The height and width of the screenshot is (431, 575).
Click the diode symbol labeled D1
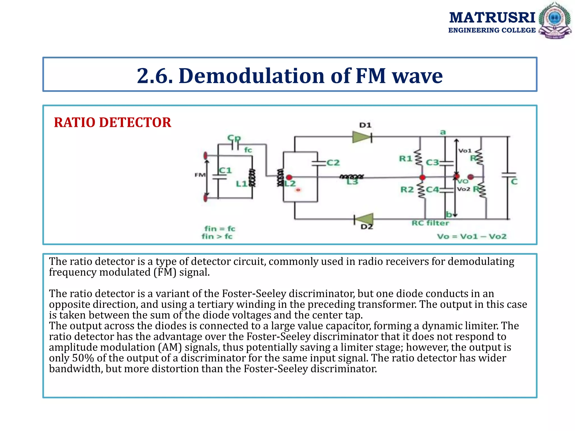point(362,137)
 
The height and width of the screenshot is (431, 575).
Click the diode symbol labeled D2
point(364,219)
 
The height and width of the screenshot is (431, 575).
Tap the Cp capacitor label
point(234,138)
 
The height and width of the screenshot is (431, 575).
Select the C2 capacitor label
point(333,163)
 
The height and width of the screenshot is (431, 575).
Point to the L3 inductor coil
point(352,176)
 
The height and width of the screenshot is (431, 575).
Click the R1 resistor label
point(405,159)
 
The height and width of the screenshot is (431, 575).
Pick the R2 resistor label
point(407,190)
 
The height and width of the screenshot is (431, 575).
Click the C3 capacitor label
point(432,163)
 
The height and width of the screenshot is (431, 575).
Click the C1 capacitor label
point(225,170)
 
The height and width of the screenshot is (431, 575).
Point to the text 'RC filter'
point(430,223)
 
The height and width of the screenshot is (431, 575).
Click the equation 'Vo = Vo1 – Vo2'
point(472,237)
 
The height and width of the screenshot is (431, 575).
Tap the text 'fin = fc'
point(220,229)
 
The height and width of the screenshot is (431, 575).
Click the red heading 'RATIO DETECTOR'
point(112,123)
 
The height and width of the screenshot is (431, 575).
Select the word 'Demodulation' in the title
point(251,76)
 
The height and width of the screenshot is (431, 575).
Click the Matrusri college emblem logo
point(555,20)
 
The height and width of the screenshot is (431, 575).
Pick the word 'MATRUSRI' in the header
point(492,18)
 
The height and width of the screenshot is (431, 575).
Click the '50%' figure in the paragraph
point(83,358)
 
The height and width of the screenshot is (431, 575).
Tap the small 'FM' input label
point(200,175)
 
